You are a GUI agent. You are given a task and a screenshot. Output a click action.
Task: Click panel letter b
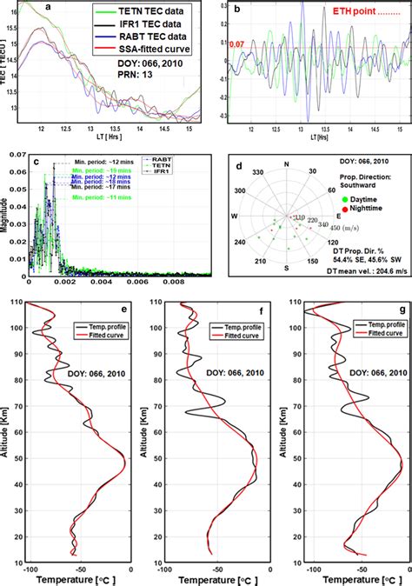pos(230,9)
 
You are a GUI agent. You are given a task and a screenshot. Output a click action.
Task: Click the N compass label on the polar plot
pos(286,163)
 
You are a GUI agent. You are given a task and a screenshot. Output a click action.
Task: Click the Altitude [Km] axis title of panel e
pos(8,425)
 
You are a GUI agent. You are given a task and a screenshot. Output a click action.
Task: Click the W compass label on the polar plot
pos(233,215)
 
